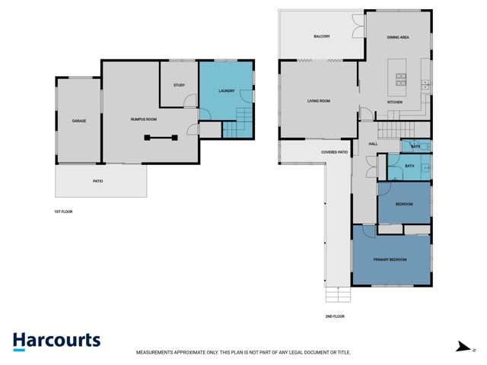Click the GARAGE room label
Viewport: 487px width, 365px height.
(x=78, y=121)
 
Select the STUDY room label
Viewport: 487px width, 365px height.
(x=179, y=85)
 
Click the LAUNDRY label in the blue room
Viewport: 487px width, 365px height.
(x=226, y=91)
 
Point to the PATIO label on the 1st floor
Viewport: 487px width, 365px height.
(x=97, y=181)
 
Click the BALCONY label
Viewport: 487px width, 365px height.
(x=321, y=36)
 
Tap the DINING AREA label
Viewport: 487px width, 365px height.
(x=399, y=36)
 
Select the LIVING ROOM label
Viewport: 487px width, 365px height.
(x=318, y=100)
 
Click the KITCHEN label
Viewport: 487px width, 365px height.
(x=394, y=102)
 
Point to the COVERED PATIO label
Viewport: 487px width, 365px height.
(x=334, y=152)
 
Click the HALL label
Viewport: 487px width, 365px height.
(x=373, y=144)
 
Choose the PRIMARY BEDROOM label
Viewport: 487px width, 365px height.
(x=390, y=259)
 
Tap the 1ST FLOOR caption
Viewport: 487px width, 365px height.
(x=63, y=211)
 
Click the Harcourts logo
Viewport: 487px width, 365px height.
(x=56, y=341)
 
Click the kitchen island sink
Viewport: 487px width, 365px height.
(x=400, y=78)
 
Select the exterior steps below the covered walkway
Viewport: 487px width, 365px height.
(x=336, y=294)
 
